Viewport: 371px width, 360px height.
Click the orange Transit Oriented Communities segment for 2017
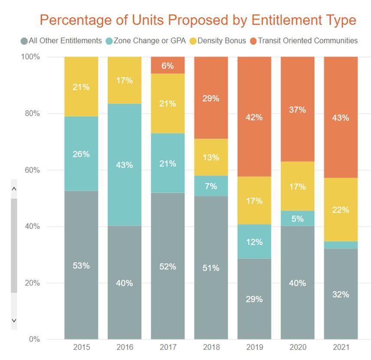pyautogui.click(x=168, y=65)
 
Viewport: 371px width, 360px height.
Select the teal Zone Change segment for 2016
pyautogui.click(x=124, y=165)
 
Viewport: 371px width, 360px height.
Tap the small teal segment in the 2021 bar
pyautogui.click(x=341, y=245)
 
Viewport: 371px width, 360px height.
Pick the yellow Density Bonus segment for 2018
pyautogui.click(x=211, y=157)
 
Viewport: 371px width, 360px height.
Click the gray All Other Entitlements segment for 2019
pyautogui.click(x=254, y=299)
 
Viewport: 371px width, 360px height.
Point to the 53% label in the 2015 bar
pyautogui.click(x=81, y=266)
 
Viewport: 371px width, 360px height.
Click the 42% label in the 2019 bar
pyautogui.click(x=254, y=117)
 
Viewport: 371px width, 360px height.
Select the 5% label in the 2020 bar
pyautogui.click(x=298, y=219)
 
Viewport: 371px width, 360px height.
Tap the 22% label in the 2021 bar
pyautogui.click(x=341, y=210)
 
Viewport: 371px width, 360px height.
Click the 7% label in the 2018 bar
pyautogui.click(x=211, y=187)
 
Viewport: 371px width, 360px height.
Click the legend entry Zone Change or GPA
pyautogui.click(x=149, y=41)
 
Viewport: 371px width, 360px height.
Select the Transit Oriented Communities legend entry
pyautogui.click(x=307, y=41)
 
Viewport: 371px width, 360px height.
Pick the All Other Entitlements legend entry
pyautogui.click(x=65, y=41)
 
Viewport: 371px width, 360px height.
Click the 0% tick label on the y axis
pyautogui.click(x=34, y=339)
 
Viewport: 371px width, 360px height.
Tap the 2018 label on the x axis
pyautogui.click(x=211, y=347)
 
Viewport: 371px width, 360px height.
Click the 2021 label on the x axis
pyautogui.click(x=341, y=347)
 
